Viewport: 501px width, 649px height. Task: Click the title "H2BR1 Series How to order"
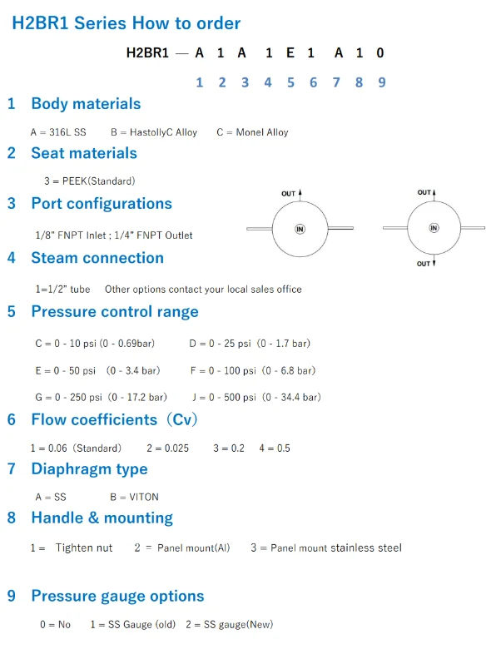(x=126, y=23)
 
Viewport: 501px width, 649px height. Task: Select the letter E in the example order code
(x=290, y=52)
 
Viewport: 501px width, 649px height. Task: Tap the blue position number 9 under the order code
(x=382, y=82)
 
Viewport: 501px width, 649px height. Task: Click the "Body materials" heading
(x=86, y=104)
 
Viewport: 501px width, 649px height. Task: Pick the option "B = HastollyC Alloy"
(x=154, y=132)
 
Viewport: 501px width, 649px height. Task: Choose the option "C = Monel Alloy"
(x=252, y=132)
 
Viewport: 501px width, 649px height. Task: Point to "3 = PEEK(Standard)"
(x=89, y=181)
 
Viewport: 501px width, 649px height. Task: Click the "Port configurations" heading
(x=102, y=204)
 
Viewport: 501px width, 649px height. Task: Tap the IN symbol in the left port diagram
(x=300, y=229)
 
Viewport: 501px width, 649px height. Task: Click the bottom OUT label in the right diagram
(x=423, y=264)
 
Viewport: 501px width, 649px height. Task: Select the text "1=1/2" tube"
(x=62, y=289)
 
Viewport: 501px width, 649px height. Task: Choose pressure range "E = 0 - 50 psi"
(x=66, y=370)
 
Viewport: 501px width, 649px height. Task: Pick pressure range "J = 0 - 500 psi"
(x=224, y=398)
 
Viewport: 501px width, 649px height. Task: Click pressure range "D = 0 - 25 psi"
(x=221, y=344)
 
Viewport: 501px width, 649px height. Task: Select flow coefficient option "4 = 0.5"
(x=275, y=448)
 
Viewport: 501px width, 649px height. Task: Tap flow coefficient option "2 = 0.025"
(x=167, y=448)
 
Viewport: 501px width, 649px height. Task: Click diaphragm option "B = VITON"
(x=134, y=497)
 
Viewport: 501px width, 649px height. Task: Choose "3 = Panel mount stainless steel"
(x=326, y=548)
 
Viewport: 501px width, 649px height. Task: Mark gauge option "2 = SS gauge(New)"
(x=230, y=625)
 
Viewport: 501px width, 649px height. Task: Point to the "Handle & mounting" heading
(x=102, y=518)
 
